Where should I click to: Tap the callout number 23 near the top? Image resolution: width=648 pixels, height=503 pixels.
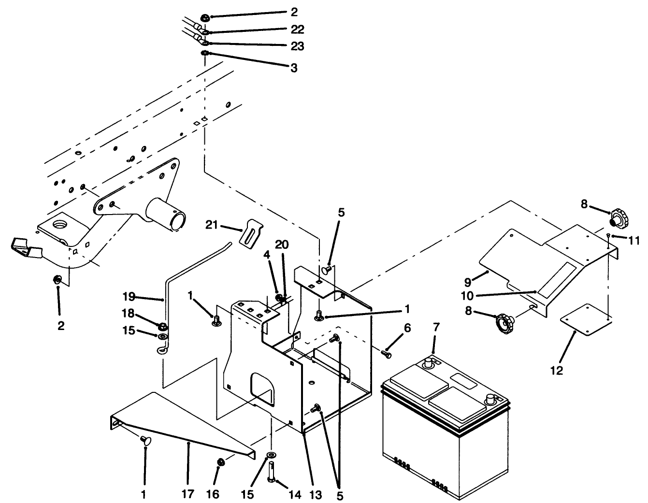pos(297,46)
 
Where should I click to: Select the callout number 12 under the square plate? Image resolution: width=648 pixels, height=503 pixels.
pos(556,371)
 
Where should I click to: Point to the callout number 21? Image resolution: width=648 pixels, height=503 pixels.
pos(212,225)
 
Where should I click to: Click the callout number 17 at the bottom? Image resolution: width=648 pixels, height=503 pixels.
pos(188,494)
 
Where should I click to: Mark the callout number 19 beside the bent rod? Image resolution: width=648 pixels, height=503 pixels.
pos(128,297)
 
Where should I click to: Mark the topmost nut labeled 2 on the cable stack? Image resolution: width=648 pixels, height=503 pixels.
pos(204,18)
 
